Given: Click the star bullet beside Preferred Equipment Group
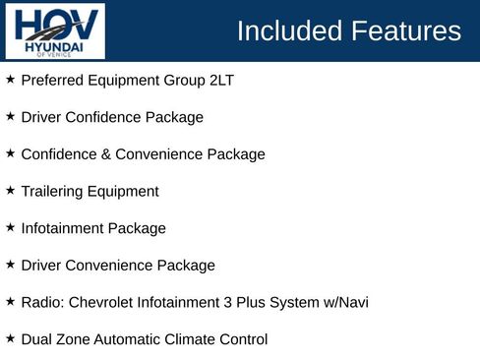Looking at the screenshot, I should click(x=10, y=79).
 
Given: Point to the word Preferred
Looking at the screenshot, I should click(x=52, y=80).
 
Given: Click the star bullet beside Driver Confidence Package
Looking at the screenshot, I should click(x=10, y=116).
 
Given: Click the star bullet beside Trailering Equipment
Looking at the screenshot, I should click(x=10, y=190).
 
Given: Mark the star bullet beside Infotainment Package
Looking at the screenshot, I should click(x=10, y=227).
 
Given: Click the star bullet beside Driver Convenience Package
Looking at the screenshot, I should click(x=10, y=264).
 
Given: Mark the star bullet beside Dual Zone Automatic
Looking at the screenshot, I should click(x=10, y=338).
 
